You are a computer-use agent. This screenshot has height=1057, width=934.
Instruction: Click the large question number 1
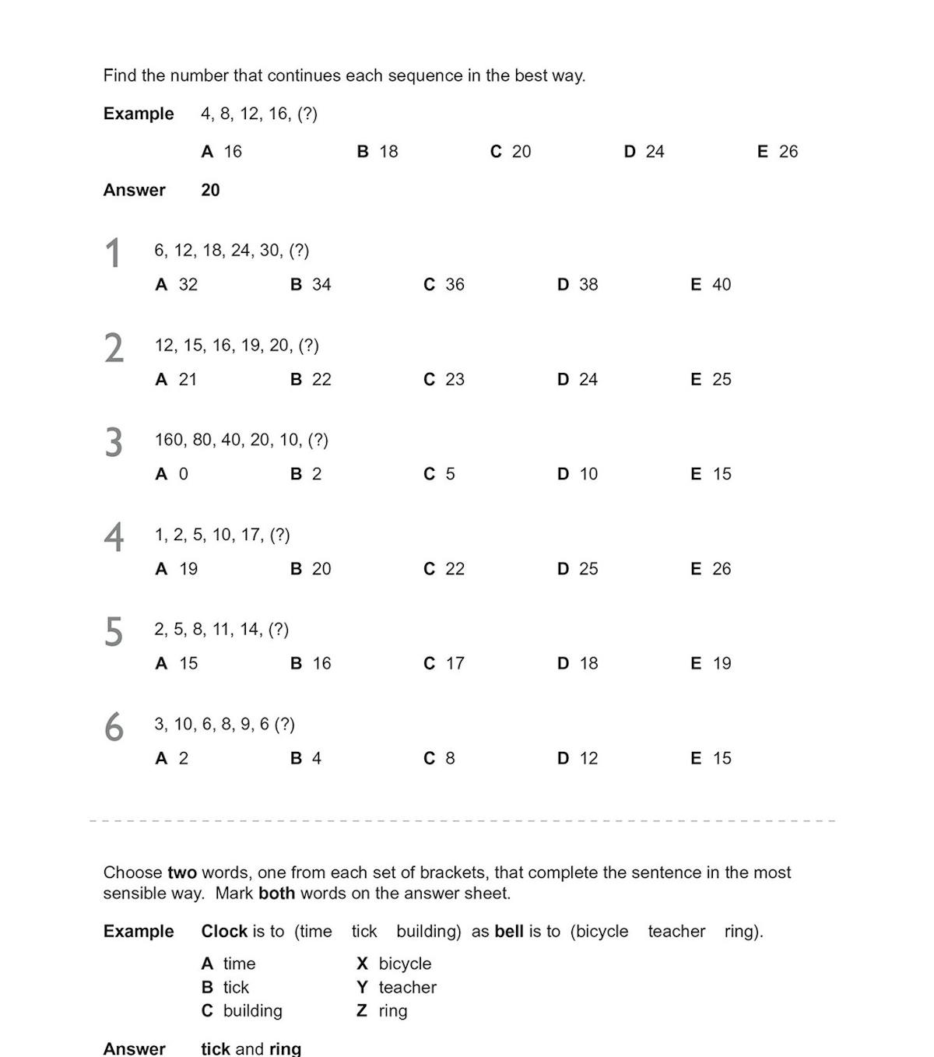pos(114,254)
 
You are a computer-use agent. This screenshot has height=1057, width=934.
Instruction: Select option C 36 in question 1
pos(444,285)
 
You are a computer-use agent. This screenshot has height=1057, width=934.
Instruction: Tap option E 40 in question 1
pos(711,285)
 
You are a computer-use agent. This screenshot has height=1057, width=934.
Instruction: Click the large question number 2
pos(114,348)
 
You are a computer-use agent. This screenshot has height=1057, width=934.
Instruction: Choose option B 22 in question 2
pos(311,380)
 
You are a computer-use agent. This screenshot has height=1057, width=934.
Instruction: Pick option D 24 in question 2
pos(578,380)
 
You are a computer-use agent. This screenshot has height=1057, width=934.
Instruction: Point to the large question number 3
pos(114,443)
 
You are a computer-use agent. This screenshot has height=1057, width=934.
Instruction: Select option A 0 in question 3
pos(172,474)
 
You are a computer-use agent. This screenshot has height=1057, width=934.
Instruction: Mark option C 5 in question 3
pos(439,474)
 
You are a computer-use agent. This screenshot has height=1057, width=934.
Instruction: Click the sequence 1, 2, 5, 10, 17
pos(222,535)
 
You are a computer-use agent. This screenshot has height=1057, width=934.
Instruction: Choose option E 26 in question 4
pos(711,569)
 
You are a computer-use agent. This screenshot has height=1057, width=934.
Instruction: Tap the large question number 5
pos(114,632)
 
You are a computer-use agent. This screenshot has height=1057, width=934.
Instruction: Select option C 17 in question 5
pos(444,664)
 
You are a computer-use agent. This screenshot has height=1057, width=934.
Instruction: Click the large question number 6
pos(114,727)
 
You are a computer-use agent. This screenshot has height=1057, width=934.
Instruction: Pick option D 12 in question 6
pos(578,759)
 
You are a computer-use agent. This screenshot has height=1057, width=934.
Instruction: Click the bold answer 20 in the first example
pos(210,190)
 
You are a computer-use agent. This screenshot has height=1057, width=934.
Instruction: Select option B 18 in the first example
pos(377,152)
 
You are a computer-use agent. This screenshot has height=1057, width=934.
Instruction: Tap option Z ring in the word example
pos(382,1011)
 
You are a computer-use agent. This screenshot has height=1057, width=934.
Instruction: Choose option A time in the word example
pos(228,964)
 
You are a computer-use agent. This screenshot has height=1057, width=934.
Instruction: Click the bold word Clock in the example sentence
pos(224,932)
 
